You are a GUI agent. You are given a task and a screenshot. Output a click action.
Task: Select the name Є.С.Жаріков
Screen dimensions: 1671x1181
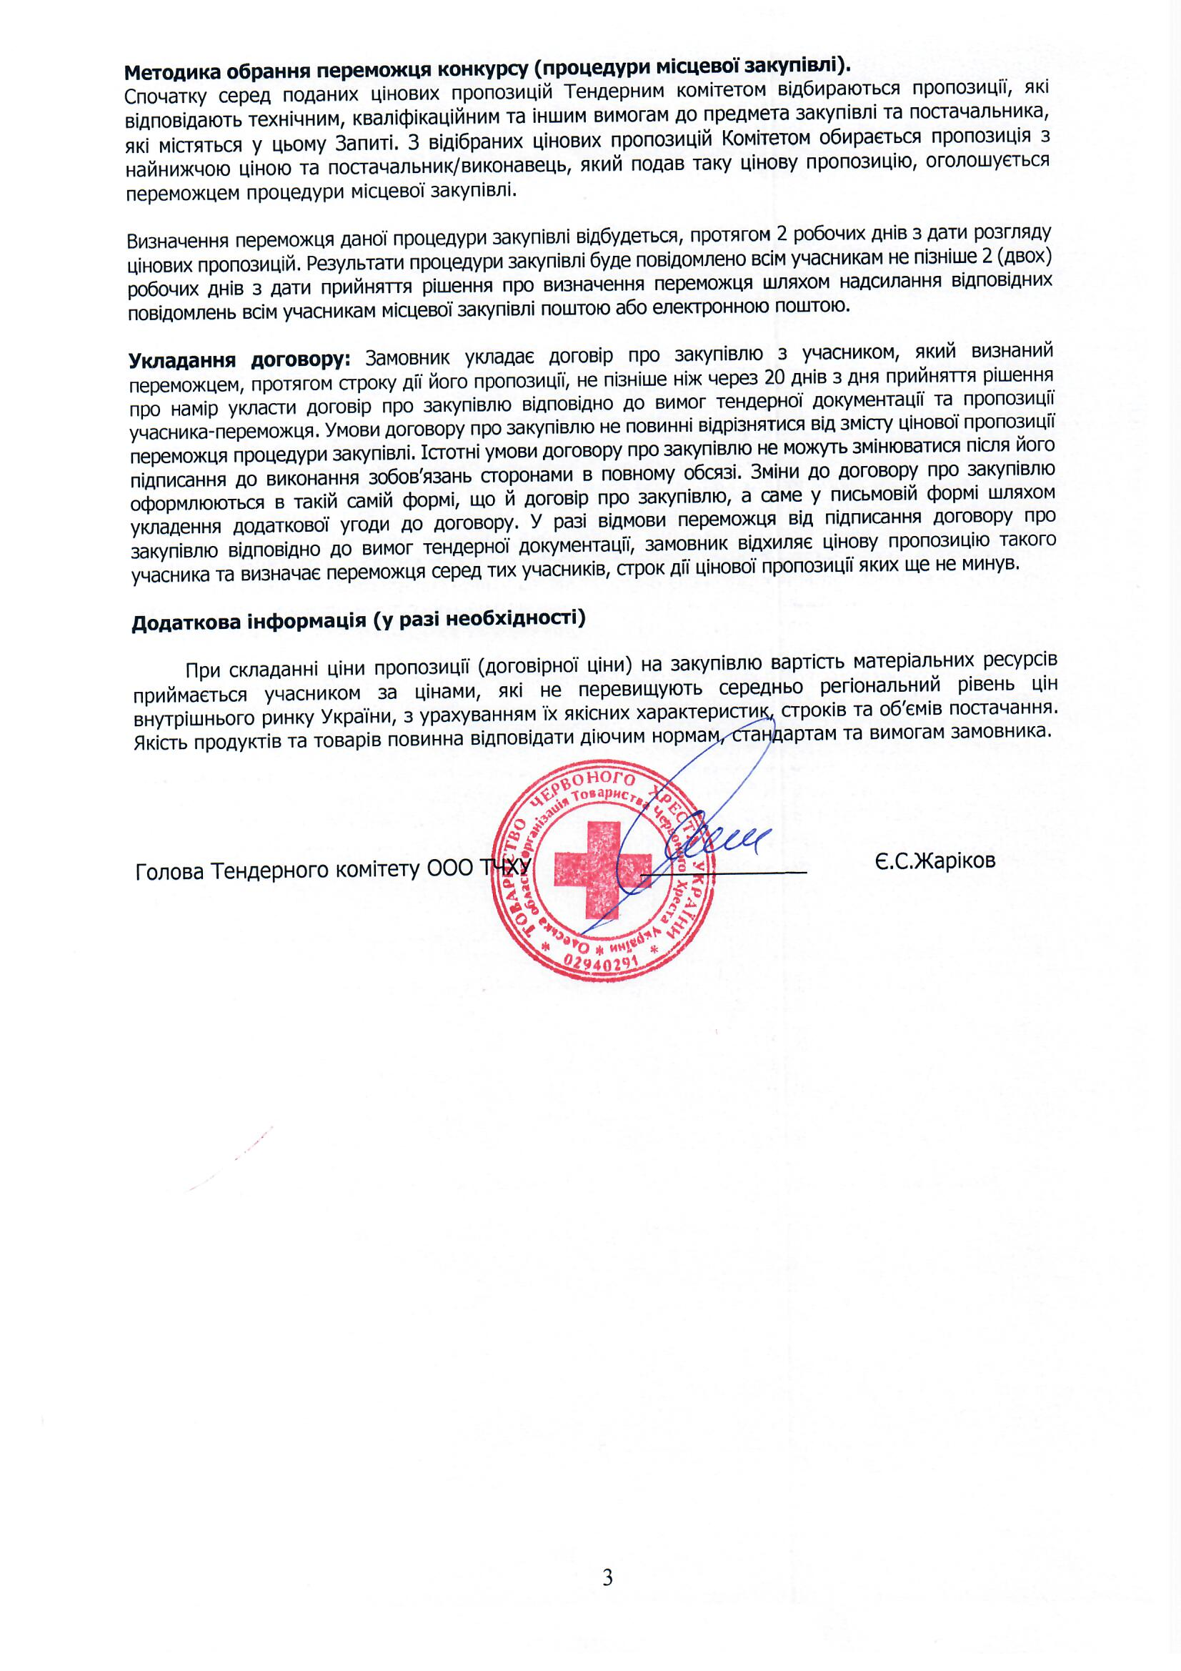935,861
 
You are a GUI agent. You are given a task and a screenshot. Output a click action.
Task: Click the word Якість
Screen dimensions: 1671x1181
160,740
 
